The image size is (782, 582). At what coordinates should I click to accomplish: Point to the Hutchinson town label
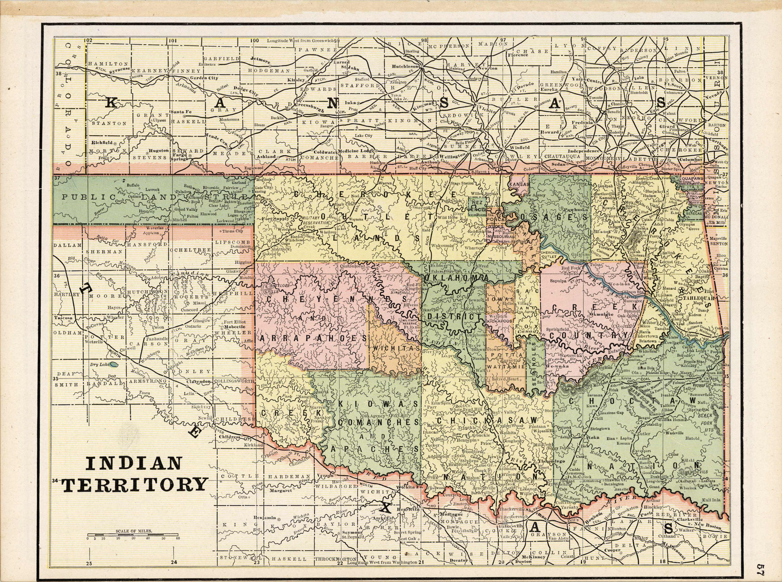pyautogui.click(x=406, y=66)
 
